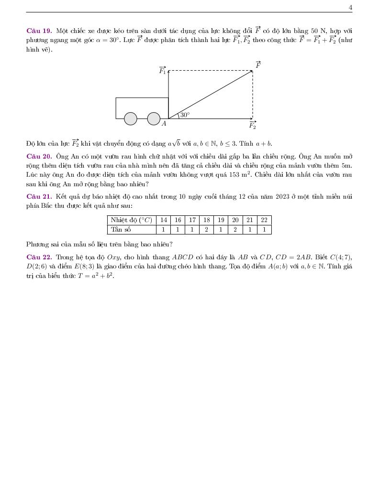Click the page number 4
point(350,7)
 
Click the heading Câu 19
point(39,31)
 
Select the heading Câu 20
point(39,156)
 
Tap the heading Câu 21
point(39,196)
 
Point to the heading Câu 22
point(39,257)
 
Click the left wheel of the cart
point(131,118)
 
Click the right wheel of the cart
point(154,118)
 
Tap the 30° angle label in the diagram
point(185,115)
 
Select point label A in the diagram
point(164,124)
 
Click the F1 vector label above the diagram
point(163,71)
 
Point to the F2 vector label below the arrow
point(252,126)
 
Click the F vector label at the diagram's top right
point(258,65)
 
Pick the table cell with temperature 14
point(164,220)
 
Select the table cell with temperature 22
point(264,220)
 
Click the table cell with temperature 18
point(206,220)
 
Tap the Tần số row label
point(121,229)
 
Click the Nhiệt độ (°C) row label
point(131,220)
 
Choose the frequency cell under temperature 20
point(235,229)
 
